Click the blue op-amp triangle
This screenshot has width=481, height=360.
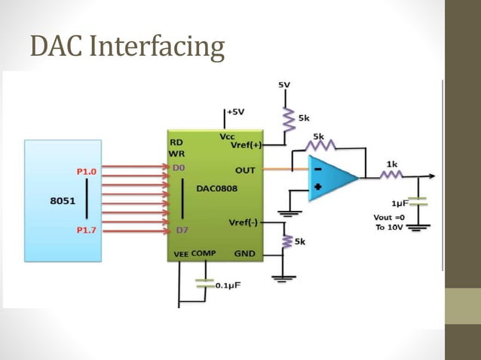(x=330, y=178)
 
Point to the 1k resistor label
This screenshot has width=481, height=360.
(x=392, y=163)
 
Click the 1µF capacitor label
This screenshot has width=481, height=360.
(x=400, y=204)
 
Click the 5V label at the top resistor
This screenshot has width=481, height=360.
(x=283, y=86)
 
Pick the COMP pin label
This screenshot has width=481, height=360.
(x=204, y=254)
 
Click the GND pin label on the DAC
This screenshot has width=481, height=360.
(x=244, y=254)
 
